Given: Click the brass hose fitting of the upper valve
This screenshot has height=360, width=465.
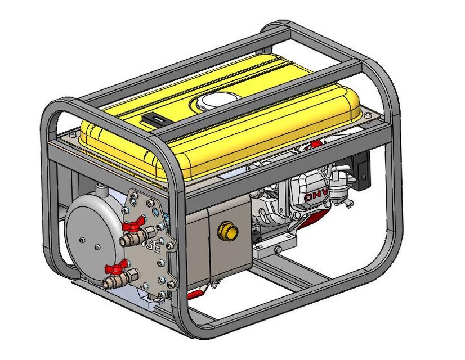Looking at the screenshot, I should click(x=128, y=241).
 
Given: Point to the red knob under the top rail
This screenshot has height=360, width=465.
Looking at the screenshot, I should click(x=316, y=143).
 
